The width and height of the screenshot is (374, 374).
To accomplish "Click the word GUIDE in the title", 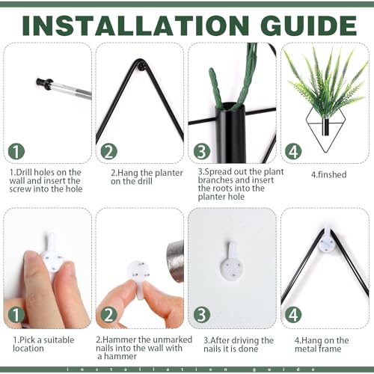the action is [x=309, y=25].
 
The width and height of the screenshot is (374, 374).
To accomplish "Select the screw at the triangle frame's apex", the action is [x=143, y=67].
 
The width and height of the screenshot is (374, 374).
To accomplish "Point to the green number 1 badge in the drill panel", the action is [x=16, y=151].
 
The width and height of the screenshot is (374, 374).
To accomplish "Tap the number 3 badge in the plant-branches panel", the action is [x=202, y=151].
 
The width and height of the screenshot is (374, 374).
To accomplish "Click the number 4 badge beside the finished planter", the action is [x=293, y=151].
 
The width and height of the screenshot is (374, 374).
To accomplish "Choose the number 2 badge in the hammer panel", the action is [x=109, y=315].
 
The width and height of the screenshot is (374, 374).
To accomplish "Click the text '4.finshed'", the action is [x=329, y=174].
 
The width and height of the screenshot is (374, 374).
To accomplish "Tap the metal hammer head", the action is [x=176, y=261].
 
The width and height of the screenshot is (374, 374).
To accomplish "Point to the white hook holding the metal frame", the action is [x=327, y=242].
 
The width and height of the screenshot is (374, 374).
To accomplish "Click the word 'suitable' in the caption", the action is [x=58, y=340].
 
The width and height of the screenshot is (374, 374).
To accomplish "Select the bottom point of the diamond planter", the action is [x=325, y=153].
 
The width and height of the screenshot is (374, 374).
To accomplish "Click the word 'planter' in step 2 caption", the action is [x=169, y=173].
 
